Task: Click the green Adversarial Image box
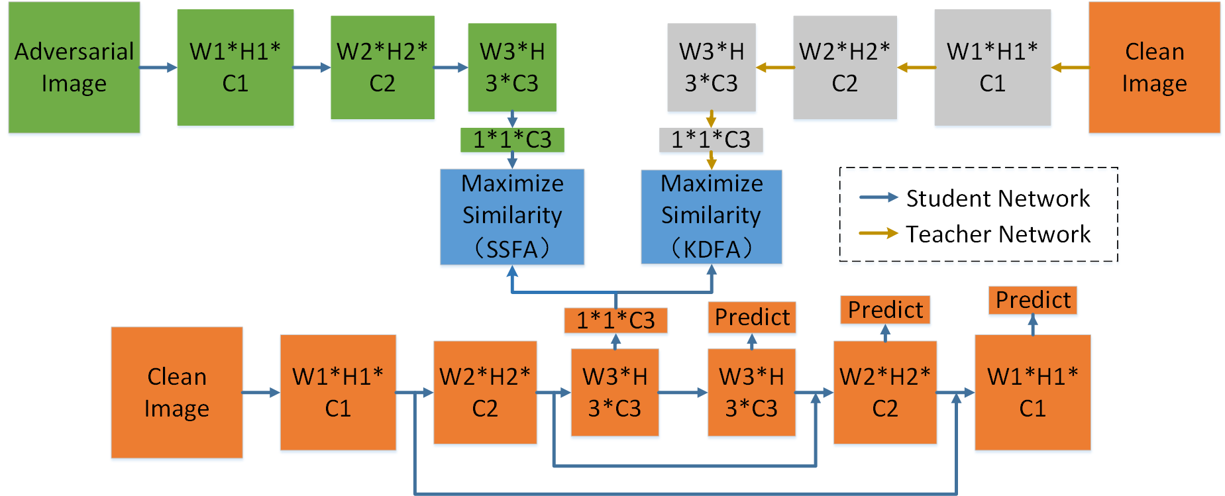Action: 74,67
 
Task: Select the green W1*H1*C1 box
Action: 235,67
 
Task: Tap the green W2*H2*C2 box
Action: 382,67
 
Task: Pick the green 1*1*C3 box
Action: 512,140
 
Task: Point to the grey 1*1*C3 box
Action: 711,140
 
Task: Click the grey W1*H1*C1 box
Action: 992,67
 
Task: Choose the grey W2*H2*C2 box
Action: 845,67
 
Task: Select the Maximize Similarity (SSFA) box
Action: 512,217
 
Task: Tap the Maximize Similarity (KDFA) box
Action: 712,217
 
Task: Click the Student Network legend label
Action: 998,198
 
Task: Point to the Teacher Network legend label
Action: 998,234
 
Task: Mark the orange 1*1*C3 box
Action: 615,321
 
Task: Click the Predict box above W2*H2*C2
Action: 885,310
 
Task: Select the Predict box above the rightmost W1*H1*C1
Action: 1032,300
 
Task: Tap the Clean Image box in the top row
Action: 1154,67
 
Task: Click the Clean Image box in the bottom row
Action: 176,392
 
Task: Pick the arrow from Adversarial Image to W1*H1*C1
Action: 158,67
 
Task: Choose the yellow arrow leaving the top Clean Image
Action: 1070,67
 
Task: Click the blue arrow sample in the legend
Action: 879,197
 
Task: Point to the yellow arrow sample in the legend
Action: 879,233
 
